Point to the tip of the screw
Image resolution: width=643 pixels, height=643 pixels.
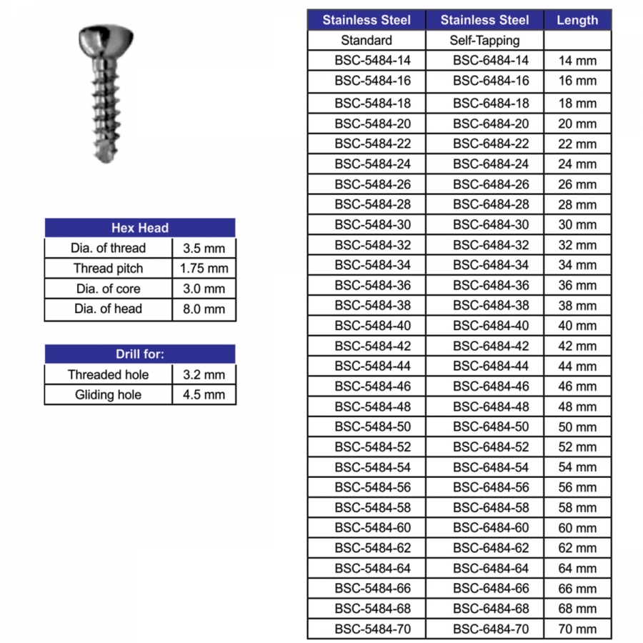point(104,158)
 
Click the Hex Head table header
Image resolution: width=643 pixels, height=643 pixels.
point(140,228)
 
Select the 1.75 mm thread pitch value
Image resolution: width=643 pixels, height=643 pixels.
point(204,269)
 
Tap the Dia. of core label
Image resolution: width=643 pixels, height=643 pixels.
point(109,289)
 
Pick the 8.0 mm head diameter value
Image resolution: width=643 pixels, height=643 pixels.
point(204,309)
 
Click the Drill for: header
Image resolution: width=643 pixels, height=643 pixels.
point(140,354)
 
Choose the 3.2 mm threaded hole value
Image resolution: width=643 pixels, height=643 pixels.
point(204,374)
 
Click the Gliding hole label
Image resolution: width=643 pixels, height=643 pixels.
point(109,394)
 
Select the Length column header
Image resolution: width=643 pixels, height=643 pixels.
point(577,20)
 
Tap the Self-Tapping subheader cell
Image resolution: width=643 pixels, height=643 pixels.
point(484,40)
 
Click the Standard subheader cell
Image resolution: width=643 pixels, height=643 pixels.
point(367,40)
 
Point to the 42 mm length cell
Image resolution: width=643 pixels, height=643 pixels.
point(577,346)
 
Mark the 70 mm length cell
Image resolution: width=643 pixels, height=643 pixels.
point(577,629)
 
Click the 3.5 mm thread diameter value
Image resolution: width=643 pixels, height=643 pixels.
point(204,248)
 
